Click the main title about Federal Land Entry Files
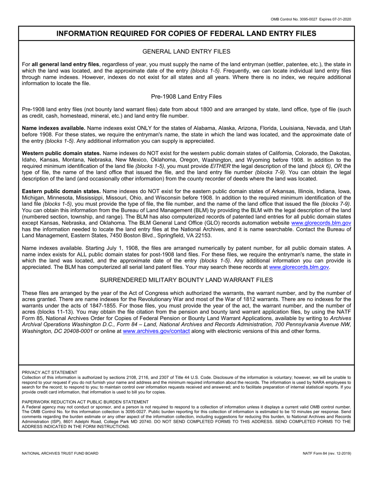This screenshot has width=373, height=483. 186,34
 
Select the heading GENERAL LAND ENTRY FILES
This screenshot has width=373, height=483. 186,51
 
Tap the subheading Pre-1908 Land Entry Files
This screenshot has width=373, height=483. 186,96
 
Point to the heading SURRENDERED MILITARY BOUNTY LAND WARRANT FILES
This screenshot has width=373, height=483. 186,280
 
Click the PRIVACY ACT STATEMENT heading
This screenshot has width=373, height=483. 49,372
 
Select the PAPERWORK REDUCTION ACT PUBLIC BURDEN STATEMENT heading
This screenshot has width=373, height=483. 85,402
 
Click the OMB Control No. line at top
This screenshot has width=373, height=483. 311,19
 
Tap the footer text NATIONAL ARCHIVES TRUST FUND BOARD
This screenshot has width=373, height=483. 60,453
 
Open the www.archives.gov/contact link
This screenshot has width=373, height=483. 156,331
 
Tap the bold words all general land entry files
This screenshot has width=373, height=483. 66,64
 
